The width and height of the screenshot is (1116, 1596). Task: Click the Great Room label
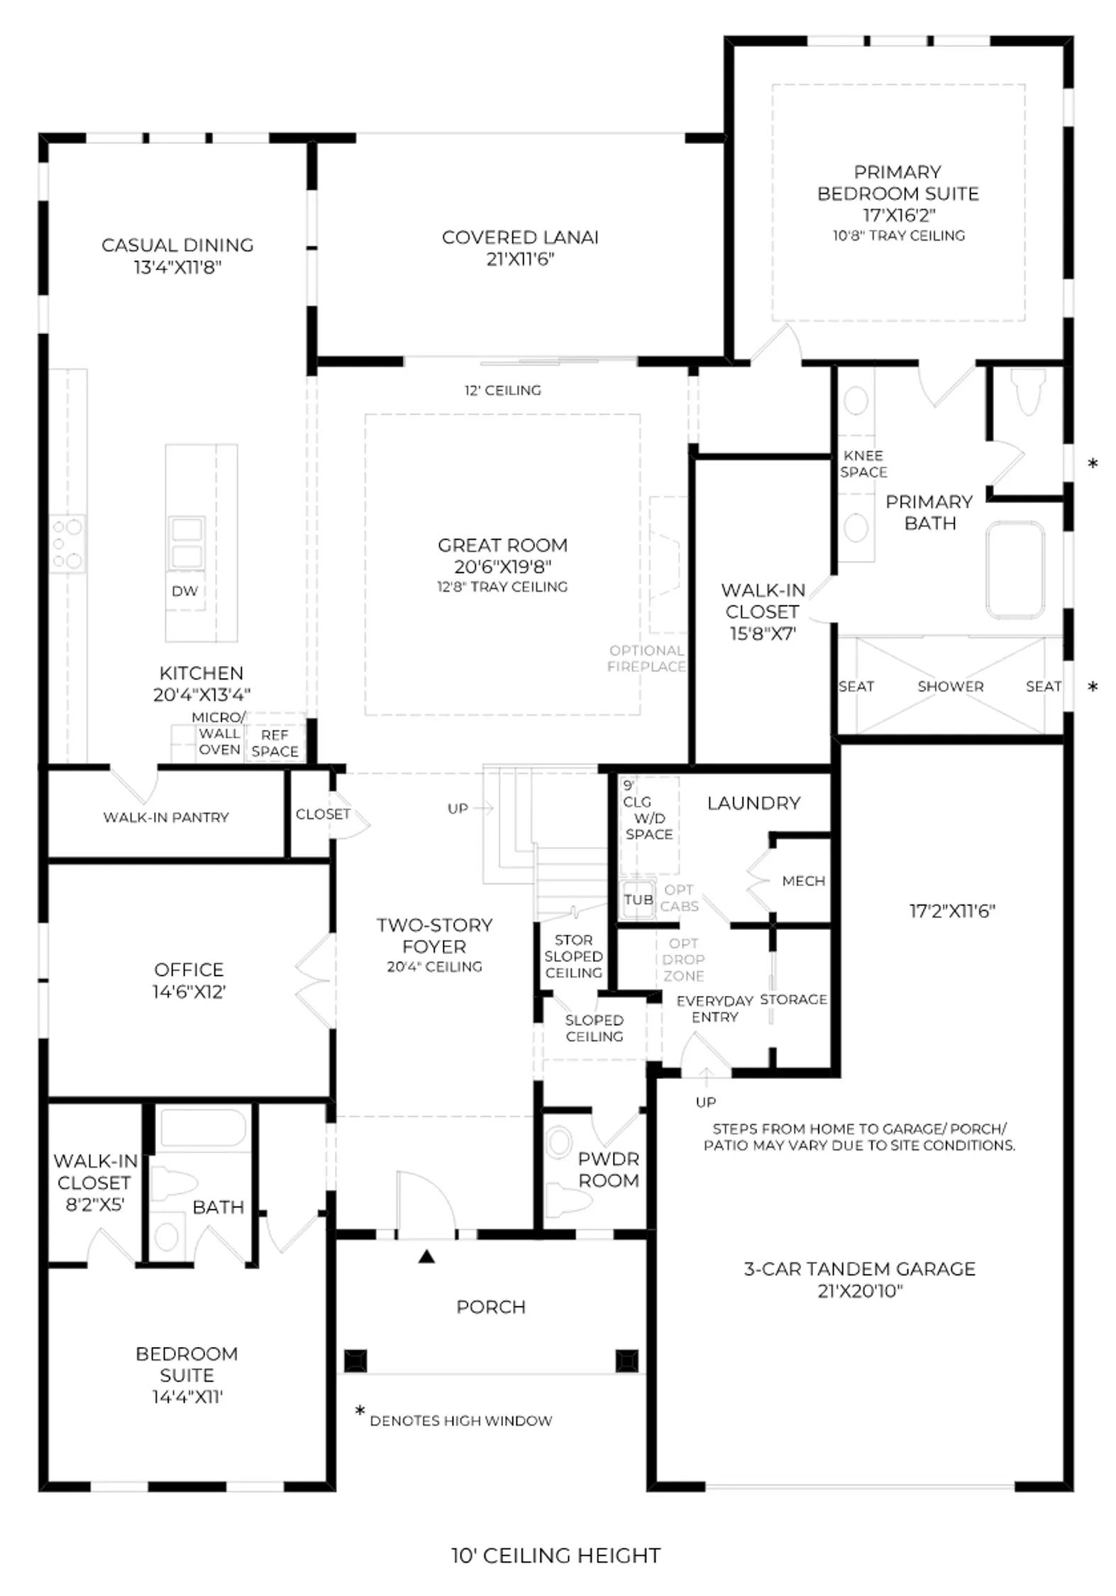pos(502,545)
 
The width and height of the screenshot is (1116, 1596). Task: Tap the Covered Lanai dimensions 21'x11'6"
pos(520,259)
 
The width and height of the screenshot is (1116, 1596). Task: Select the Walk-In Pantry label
pos(166,817)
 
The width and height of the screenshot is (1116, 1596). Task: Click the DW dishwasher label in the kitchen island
pos(185,591)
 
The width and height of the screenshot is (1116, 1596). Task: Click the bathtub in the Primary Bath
pos(1015,571)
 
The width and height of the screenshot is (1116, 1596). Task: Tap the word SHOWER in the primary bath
pos(951,687)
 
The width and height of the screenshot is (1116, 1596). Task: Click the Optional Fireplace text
pos(647,658)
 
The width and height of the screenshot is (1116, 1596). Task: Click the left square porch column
pos(355,1361)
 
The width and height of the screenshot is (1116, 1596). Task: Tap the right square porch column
pos(626,1361)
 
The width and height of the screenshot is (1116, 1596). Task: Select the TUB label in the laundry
pos(639,899)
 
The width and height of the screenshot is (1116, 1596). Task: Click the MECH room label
pos(804,881)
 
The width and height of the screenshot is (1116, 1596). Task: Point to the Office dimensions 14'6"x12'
pos(189,992)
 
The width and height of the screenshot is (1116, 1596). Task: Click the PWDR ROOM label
pos(609,1170)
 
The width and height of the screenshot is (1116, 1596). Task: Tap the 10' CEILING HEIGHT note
pos(556,1556)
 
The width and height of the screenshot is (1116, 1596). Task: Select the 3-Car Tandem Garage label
pos(860,1269)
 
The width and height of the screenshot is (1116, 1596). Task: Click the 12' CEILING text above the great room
pos(503,390)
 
